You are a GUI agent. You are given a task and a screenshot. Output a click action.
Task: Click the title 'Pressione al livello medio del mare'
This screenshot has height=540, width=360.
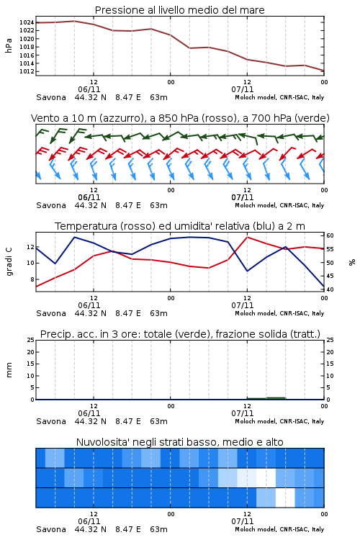(x=179, y=10)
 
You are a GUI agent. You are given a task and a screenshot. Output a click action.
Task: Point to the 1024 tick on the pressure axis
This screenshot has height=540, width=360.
(x=27, y=23)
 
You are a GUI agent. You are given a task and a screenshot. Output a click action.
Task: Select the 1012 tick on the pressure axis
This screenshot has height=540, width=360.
(x=27, y=71)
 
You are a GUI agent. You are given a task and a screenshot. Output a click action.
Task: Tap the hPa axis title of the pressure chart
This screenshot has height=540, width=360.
(x=9, y=45)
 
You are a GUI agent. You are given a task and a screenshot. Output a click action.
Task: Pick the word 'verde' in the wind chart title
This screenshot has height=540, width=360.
(x=311, y=119)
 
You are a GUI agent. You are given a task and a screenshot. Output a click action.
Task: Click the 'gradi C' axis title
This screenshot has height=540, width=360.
(x=9, y=262)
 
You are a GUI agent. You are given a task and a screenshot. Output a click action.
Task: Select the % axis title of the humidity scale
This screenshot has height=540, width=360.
(x=352, y=262)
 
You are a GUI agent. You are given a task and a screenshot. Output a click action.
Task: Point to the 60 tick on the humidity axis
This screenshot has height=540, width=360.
(x=330, y=235)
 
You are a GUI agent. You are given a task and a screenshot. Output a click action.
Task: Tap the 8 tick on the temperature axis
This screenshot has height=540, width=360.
(x=32, y=279)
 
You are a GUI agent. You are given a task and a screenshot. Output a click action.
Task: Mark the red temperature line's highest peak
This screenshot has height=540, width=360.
(x=247, y=238)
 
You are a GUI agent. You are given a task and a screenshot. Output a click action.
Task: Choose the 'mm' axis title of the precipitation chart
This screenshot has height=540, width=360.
(x=9, y=370)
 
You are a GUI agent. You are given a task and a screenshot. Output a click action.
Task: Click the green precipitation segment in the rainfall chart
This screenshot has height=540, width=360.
(x=266, y=398)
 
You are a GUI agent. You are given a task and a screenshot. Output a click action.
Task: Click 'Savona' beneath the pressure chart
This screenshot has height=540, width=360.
(x=51, y=97)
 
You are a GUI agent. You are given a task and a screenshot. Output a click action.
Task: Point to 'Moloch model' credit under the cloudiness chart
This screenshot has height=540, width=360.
(x=256, y=529)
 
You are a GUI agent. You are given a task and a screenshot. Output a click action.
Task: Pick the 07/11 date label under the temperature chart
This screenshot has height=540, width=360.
(x=243, y=305)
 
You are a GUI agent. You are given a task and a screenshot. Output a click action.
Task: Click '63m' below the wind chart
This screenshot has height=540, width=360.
(x=159, y=206)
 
